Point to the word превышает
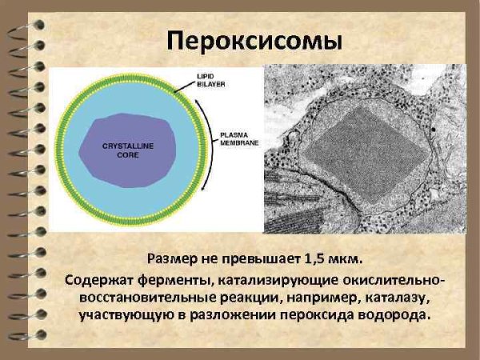[x=256, y=258]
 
